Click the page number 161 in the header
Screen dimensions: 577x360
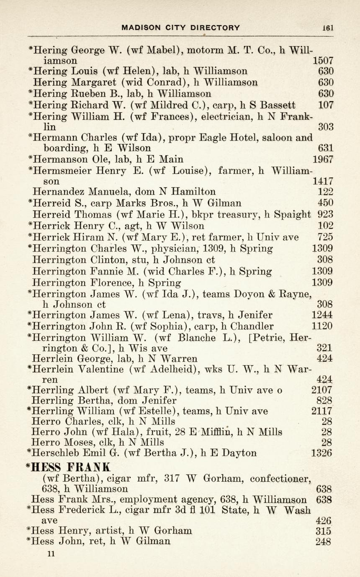pos(328,28)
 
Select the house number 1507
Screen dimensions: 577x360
pos(323,60)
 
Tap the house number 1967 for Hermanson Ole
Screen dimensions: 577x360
pos(323,159)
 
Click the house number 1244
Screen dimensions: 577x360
pos(322,315)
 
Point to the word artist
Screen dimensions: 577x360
pos(110,531)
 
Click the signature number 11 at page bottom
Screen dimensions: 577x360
pos(51,554)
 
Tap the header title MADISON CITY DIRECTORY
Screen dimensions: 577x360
pos(180,28)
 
